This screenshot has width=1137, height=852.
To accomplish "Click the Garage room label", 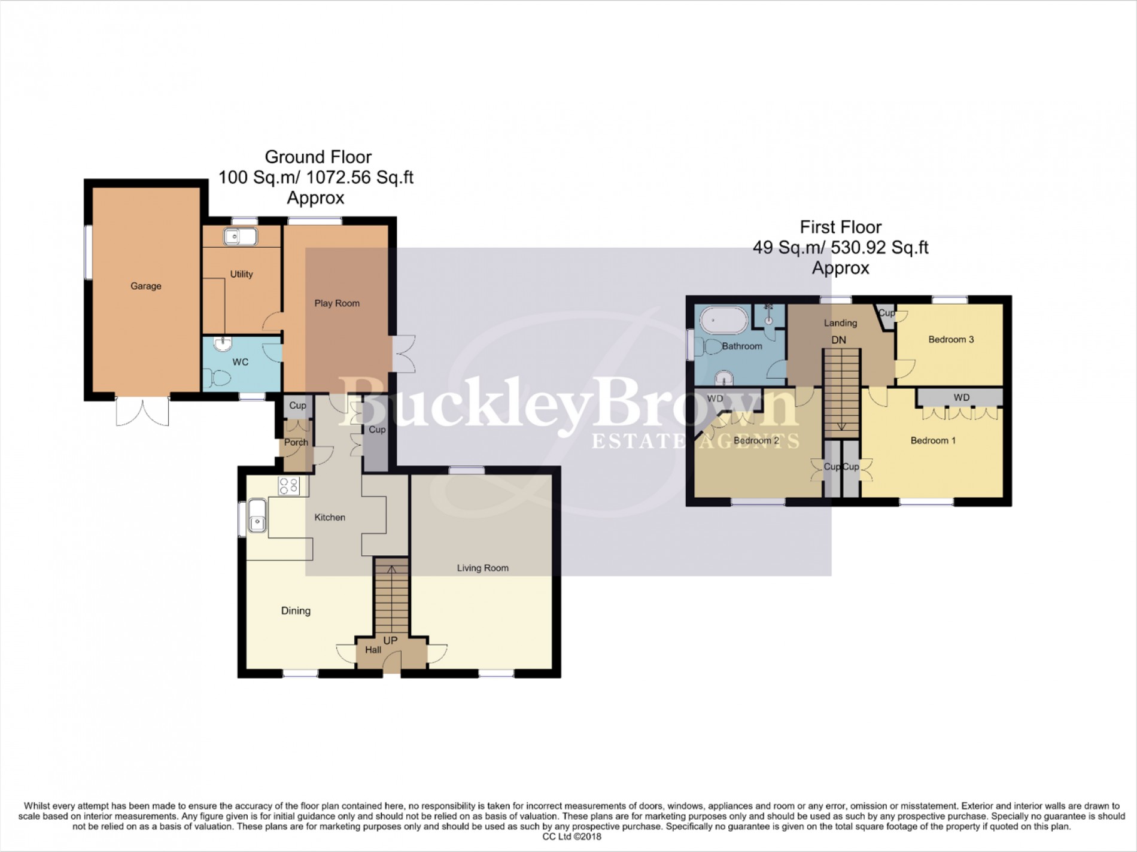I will point(145,286).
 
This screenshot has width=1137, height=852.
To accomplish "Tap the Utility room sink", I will point(241,237).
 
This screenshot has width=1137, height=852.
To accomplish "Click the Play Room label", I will point(337,303).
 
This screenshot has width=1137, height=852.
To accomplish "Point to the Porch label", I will point(296,442).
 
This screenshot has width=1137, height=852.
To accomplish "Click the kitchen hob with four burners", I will point(289,486).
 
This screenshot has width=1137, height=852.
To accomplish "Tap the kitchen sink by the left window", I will point(257,516).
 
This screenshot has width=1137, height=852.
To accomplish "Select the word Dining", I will point(296,611).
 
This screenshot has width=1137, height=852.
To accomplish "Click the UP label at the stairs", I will point(390,640).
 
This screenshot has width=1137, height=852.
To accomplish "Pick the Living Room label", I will point(482,568).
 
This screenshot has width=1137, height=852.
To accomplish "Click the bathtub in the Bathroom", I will point(724,321).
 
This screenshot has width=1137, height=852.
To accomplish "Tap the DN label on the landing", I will point(838,340).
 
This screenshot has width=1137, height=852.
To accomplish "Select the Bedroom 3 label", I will point(950,339).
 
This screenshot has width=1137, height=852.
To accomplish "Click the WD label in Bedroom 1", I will point(961,397).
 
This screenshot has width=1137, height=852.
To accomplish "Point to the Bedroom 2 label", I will point(756,440).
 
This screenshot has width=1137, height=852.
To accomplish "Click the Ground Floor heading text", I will point(318,157).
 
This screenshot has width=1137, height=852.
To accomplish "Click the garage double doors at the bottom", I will point(142,410).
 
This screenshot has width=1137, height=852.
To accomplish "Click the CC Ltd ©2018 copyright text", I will point(568,836).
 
